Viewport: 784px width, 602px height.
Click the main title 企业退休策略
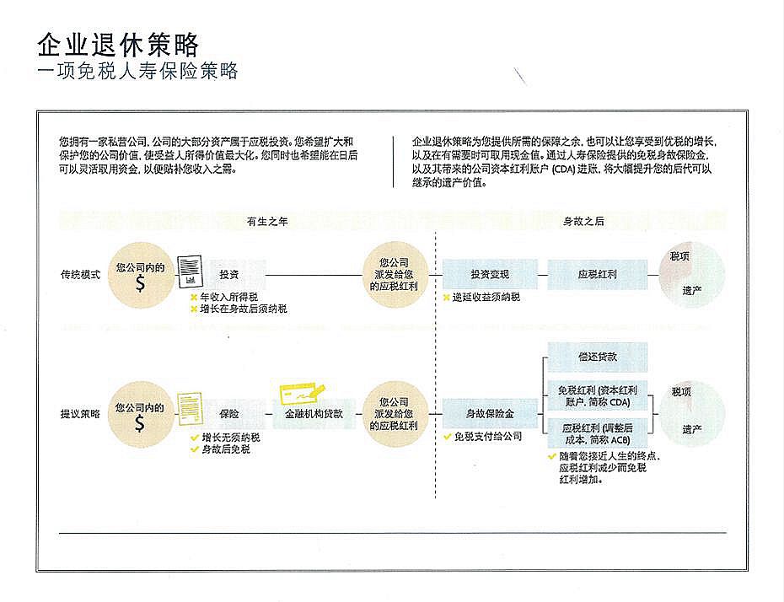coord(119,44)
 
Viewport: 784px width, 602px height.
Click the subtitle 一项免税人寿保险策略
coord(138,71)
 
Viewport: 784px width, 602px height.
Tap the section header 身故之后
coord(583,221)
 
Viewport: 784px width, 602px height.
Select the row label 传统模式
coord(80,275)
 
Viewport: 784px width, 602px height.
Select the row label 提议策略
coord(80,414)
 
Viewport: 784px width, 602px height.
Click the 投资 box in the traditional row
coord(229,275)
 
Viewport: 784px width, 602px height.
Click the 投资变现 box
coord(491,275)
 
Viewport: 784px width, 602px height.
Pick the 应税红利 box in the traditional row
coord(598,275)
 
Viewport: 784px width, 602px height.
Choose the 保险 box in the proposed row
coord(229,414)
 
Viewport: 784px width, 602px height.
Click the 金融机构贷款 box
coord(314,414)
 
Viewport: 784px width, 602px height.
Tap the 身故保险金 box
coord(491,414)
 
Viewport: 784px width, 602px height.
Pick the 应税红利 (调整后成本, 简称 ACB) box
coord(597,434)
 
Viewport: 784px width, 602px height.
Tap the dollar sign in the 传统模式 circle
coord(140,284)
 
